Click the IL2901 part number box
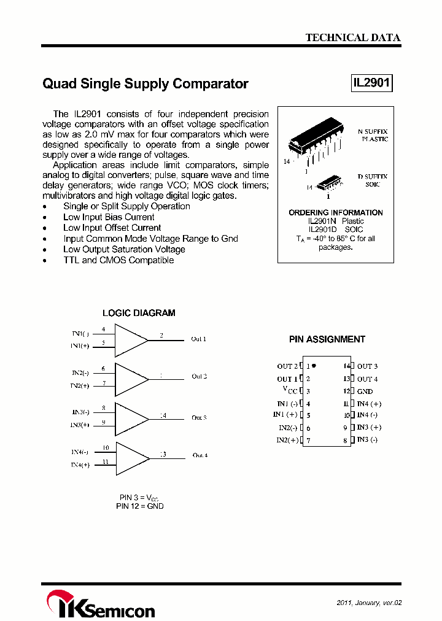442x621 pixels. [371, 83]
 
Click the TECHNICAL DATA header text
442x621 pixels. [353, 37]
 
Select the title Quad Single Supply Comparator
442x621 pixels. [145, 84]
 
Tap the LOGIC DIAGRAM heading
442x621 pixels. [139, 313]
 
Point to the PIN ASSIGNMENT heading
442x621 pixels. [327, 339]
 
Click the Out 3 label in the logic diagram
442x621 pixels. [199, 417]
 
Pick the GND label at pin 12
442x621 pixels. [365, 391]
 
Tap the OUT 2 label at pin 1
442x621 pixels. [287, 366]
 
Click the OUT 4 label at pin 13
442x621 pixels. [368, 379]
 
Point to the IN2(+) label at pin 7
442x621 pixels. [287, 440]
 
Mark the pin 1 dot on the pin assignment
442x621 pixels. [314, 366]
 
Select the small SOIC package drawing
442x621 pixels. [331, 182]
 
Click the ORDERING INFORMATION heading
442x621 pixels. [336, 212]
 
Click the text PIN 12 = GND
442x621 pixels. [140, 506]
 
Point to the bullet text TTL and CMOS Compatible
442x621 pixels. [118, 260]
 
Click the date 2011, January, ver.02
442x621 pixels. [370, 603]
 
